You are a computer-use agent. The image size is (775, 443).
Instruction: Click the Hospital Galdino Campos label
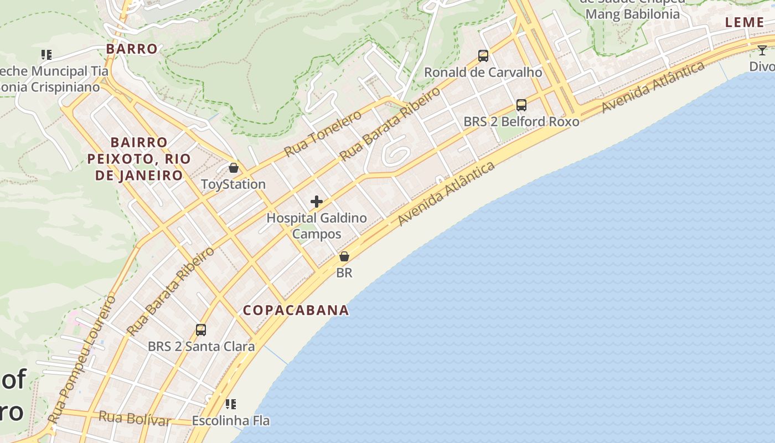317,225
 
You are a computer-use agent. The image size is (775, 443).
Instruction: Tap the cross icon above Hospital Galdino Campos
317,202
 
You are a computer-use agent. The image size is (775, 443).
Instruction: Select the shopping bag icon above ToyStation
234,167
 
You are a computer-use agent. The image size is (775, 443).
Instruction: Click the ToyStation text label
233,184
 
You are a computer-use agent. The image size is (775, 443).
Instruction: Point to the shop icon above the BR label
344,256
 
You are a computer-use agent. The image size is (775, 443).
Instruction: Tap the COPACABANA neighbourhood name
296,310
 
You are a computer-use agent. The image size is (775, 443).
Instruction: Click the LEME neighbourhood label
745,22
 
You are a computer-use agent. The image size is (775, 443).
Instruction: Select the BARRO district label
132,49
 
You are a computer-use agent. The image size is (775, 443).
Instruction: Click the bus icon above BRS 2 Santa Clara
201,330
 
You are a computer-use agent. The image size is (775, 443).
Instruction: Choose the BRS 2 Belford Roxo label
521,121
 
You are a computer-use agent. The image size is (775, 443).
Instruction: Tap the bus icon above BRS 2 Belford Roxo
521,105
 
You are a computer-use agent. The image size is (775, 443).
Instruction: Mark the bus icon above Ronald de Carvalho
483,56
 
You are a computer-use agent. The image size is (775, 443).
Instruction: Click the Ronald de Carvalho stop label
483,72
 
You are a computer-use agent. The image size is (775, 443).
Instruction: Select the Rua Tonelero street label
323,133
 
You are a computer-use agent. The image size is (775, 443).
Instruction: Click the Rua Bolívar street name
135,418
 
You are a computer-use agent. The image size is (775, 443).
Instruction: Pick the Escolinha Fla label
231,421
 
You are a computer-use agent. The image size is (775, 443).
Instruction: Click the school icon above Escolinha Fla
231,404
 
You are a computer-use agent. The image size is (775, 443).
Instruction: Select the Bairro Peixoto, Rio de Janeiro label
139,159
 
